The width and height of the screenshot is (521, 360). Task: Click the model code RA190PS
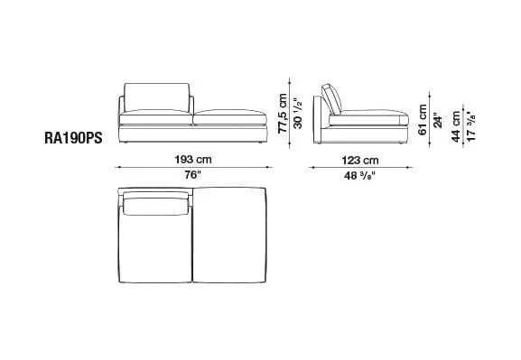[73, 138]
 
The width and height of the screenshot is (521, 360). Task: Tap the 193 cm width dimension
[193, 160]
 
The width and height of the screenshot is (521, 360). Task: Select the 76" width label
[193, 175]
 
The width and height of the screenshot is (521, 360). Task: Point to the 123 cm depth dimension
[360, 161]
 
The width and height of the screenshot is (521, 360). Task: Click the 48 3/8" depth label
[360, 176]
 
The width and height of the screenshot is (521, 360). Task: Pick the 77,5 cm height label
[283, 113]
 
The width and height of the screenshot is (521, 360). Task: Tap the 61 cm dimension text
[423, 120]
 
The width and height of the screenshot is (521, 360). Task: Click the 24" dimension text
[438, 122]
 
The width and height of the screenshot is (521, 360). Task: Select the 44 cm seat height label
[456, 126]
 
